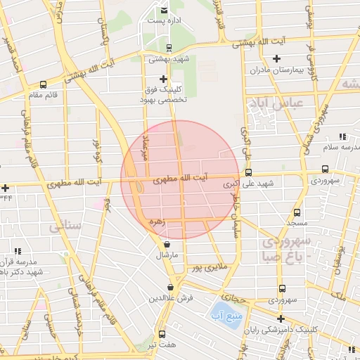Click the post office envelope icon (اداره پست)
pos(164,11)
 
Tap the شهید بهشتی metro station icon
pos(168,48)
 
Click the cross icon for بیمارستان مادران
pos(276,58)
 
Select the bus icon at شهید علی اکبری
pos(248,172)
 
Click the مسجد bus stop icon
pos(297,212)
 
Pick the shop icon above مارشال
pos(166,244)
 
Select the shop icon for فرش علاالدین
pos(170,287)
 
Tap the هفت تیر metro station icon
pos(162,334)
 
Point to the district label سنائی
pos(65,226)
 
